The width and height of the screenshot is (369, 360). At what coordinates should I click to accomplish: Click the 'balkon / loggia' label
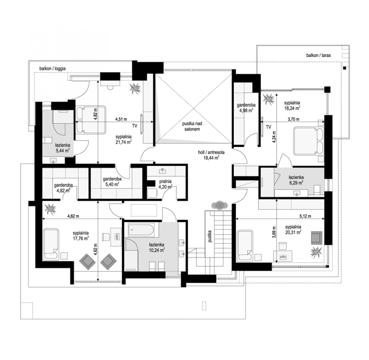click(53, 68)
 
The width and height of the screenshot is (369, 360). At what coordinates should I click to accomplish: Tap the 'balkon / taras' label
click(318, 55)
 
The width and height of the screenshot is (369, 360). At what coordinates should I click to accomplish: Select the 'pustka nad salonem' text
click(192, 126)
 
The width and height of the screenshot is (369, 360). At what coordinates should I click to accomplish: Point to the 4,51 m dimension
click(121, 119)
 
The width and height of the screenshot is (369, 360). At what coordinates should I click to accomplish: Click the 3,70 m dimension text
click(294, 119)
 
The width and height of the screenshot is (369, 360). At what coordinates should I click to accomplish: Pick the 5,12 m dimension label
click(305, 216)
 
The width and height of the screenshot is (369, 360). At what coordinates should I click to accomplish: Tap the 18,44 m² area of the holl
click(211, 157)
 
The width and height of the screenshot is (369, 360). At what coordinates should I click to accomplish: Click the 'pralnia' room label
click(165, 181)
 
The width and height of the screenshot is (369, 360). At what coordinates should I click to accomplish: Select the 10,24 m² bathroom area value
click(156, 250)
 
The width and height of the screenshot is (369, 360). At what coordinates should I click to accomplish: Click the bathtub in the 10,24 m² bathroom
click(141, 230)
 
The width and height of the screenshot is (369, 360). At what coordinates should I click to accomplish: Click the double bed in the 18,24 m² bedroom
click(309, 141)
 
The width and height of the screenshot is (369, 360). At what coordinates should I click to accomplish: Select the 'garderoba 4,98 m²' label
click(246, 107)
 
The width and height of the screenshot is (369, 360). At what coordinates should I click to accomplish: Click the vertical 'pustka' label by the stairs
click(210, 236)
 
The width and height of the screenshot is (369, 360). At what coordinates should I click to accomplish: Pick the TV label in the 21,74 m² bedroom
click(135, 126)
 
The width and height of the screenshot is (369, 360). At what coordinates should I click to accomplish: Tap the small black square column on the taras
click(345, 68)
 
